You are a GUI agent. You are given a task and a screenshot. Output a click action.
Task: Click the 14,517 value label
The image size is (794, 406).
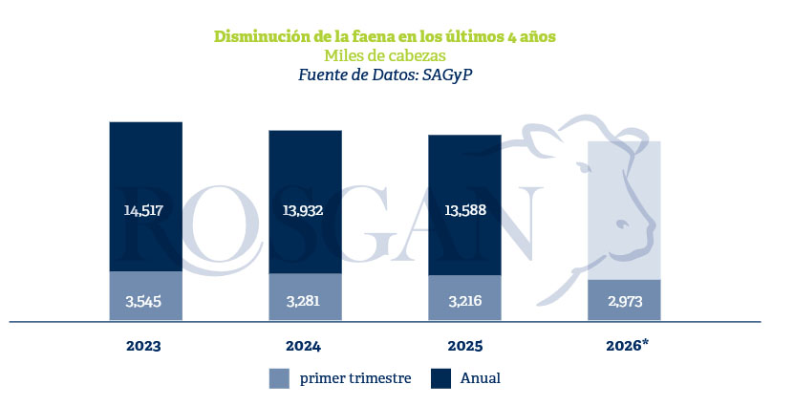(143, 210)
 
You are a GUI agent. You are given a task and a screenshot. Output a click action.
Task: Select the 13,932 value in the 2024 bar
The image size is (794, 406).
(303, 210)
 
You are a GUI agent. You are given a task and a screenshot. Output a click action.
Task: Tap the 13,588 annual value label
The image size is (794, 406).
(465, 210)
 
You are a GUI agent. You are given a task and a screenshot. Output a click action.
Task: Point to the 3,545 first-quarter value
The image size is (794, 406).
(143, 302)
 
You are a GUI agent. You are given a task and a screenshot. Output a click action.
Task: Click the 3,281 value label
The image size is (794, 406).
(303, 302)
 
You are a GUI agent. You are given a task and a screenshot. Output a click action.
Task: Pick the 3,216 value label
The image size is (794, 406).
(465, 302)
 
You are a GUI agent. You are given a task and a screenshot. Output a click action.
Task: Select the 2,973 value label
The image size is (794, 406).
(625, 302)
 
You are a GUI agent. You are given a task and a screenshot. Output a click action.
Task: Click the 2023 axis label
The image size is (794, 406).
(143, 346)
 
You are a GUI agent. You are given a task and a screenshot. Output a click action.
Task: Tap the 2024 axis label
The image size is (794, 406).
(303, 346)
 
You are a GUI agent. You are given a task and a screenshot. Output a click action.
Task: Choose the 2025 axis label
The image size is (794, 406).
(465, 346)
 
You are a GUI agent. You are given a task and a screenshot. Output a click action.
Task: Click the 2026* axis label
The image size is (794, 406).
(628, 346)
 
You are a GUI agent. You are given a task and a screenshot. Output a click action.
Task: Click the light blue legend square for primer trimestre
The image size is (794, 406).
(279, 378)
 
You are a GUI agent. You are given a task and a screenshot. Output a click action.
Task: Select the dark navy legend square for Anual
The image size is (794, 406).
(440, 378)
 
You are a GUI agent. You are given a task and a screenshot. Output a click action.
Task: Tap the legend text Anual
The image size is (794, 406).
(480, 378)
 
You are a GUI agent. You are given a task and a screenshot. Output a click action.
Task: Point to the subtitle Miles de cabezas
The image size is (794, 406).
(385, 55)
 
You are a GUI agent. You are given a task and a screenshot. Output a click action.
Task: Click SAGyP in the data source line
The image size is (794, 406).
(447, 75)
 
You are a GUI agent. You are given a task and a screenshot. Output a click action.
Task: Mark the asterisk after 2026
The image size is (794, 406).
(645, 343)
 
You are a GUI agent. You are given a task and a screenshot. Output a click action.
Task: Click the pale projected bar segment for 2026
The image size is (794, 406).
(624, 210)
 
